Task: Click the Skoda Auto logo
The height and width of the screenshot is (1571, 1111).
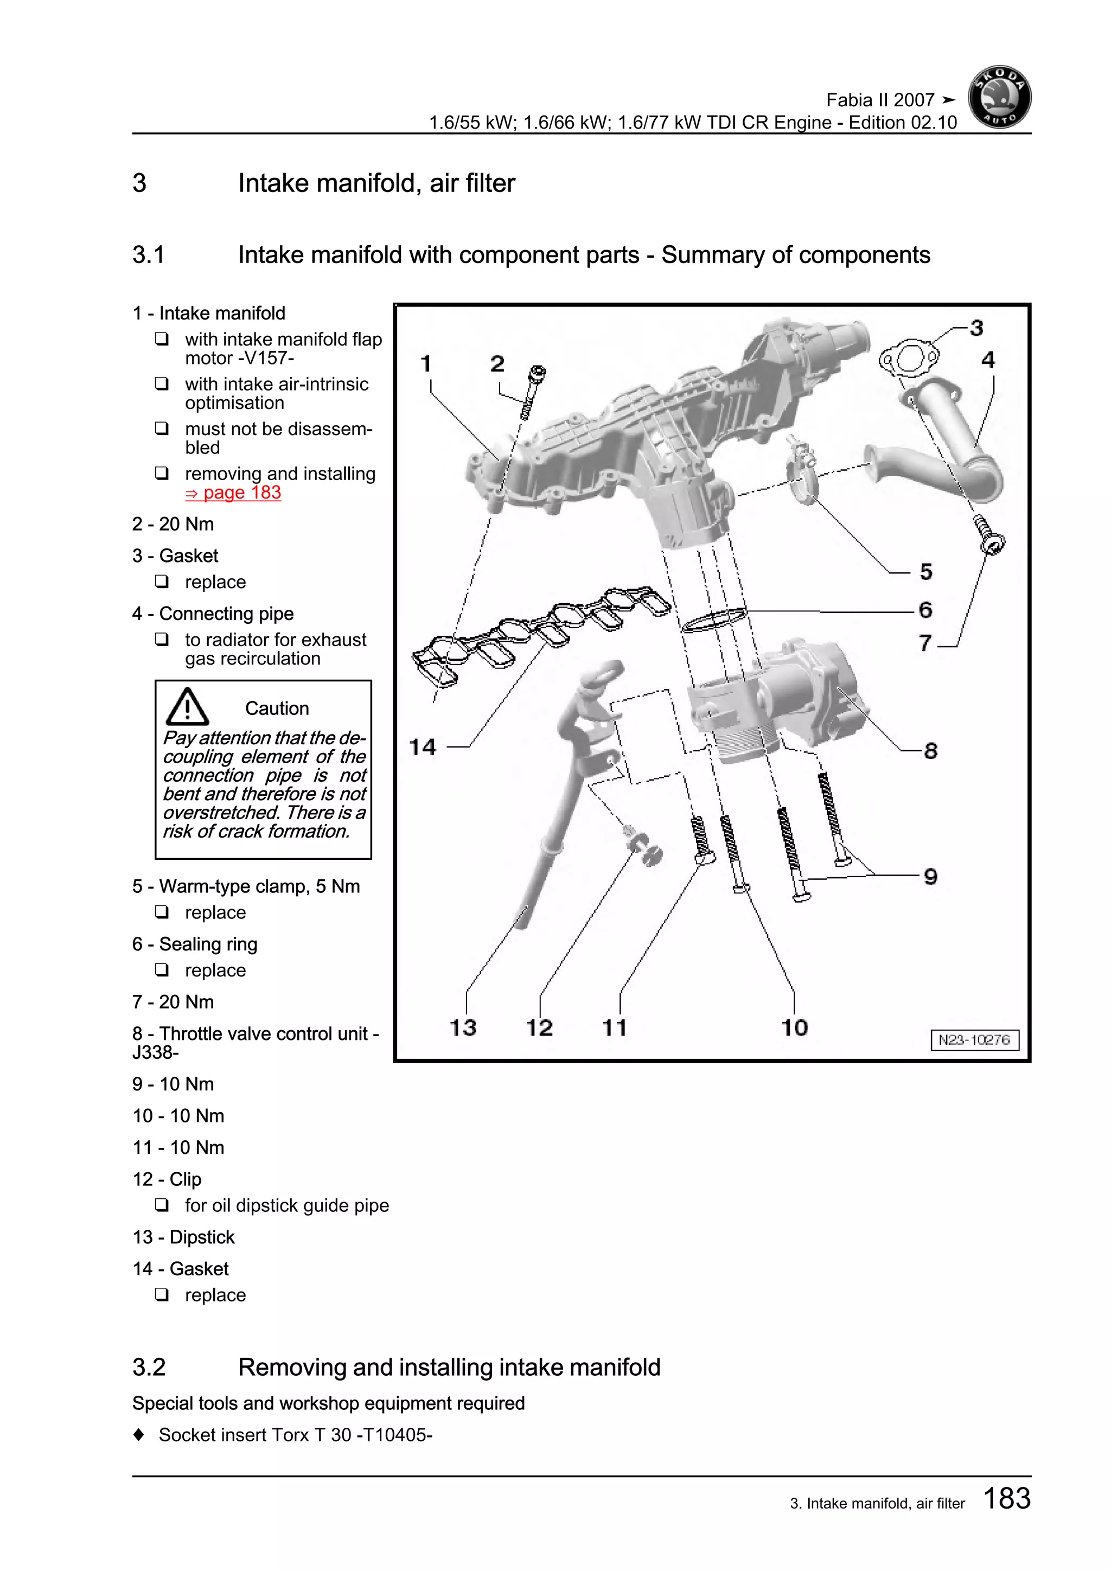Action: pos(999,97)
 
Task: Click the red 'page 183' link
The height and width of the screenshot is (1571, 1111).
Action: pos(233,493)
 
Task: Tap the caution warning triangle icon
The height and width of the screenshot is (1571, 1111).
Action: pos(187,707)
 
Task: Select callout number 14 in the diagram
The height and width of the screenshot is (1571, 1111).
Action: pos(422,746)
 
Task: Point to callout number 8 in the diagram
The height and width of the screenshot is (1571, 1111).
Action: pos(930,751)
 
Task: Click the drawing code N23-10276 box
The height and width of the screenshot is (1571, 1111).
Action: pos(974,1039)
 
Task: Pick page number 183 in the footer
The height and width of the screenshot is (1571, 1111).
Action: pos(1006,1498)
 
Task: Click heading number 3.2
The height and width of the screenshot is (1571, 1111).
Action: pos(149,1366)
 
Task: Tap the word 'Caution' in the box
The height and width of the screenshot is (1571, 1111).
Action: pos(277,708)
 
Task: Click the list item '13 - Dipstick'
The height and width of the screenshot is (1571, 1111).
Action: pos(183,1237)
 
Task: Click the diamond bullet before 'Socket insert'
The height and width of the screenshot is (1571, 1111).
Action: pos(139,1434)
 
